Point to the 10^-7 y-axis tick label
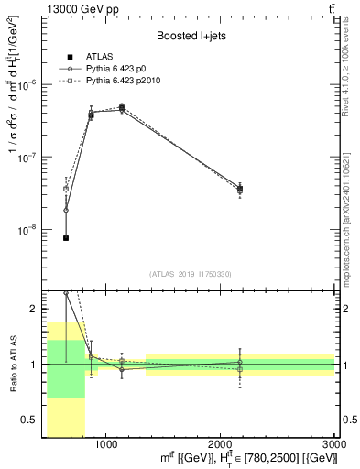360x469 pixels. pyautogui.click(x=32, y=157)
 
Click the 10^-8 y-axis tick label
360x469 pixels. pyautogui.click(x=32, y=230)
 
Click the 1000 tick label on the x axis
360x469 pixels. pyautogui.click(x=105, y=444)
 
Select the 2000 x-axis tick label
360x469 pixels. pyautogui.click(x=220, y=444)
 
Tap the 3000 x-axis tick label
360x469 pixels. pyautogui.click(x=333, y=444)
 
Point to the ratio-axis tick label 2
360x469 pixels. pyautogui.click(x=36, y=309)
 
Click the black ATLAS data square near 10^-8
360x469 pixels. pyautogui.click(x=66, y=238)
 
